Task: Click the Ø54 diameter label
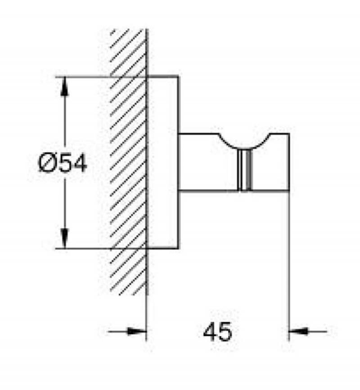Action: tap(63, 163)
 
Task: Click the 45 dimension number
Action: tap(217, 331)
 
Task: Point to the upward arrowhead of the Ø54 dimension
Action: tap(65, 86)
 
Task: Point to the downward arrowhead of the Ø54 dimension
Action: tap(65, 238)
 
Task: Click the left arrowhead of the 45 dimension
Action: tap(137, 331)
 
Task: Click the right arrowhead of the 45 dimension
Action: tap(298, 331)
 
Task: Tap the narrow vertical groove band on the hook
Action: tap(245, 170)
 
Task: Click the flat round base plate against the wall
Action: tap(162, 162)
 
